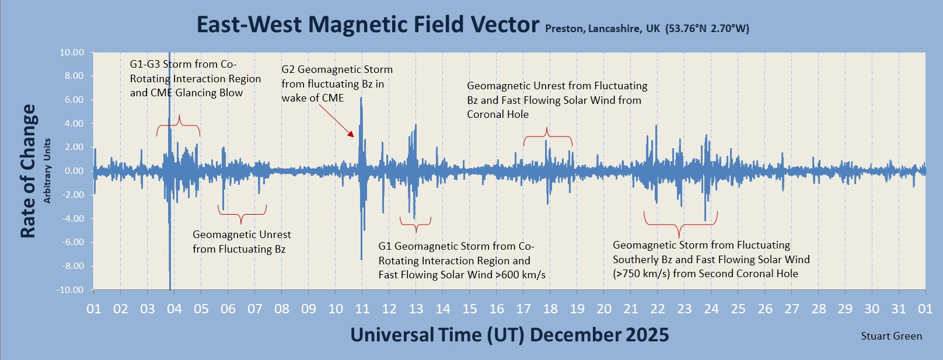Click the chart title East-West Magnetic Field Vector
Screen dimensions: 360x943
[x=368, y=25]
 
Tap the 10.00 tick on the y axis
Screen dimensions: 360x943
[x=72, y=53]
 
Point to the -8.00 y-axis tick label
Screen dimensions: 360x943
[x=71, y=266]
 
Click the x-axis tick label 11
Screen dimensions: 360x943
[x=362, y=309]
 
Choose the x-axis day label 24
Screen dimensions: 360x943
[x=711, y=309]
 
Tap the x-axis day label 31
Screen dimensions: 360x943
[x=899, y=309]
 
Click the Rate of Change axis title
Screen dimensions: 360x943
[x=28, y=171]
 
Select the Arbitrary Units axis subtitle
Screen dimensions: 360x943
[x=47, y=171]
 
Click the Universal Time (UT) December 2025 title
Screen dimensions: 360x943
[x=509, y=335]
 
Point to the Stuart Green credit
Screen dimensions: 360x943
[x=891, y=336]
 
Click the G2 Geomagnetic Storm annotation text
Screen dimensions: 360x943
[x=337, y=83]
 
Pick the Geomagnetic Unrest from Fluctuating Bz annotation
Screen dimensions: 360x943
[x=242, y=242]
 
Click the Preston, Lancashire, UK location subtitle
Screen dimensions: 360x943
[x=647, y=29]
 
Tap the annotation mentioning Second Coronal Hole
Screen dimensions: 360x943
[x=711, y=259]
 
